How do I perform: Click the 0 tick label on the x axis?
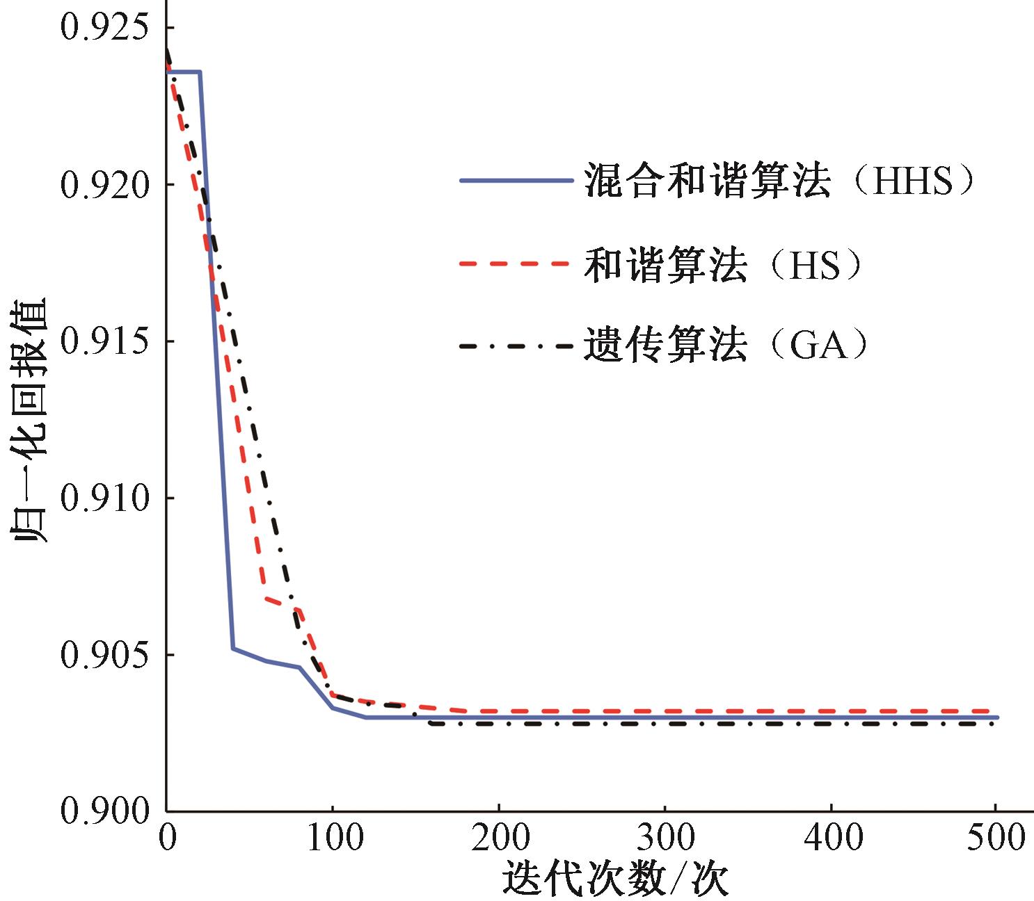pyautogui.click(x=167, y=837)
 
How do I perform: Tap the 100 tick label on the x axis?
pyautogui.click(x=333, y=837)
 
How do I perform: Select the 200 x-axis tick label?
pyautogui.click(x=500, y=837)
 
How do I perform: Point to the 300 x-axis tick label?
pyautogui.click(x=666, y=837)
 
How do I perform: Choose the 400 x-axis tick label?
pyautogui.click(x=832, y=837)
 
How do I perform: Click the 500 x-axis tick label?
pyautogui.click(x=996, y=837)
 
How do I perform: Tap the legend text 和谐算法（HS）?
pyautogui.click(x=724, y=265)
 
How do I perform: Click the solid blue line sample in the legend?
pyautogui.click(x=516, y=180)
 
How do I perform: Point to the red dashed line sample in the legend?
pyautogui.click(x=516, y=263)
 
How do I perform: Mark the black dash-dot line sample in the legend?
pyautogui.click(x=516, y=345)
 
